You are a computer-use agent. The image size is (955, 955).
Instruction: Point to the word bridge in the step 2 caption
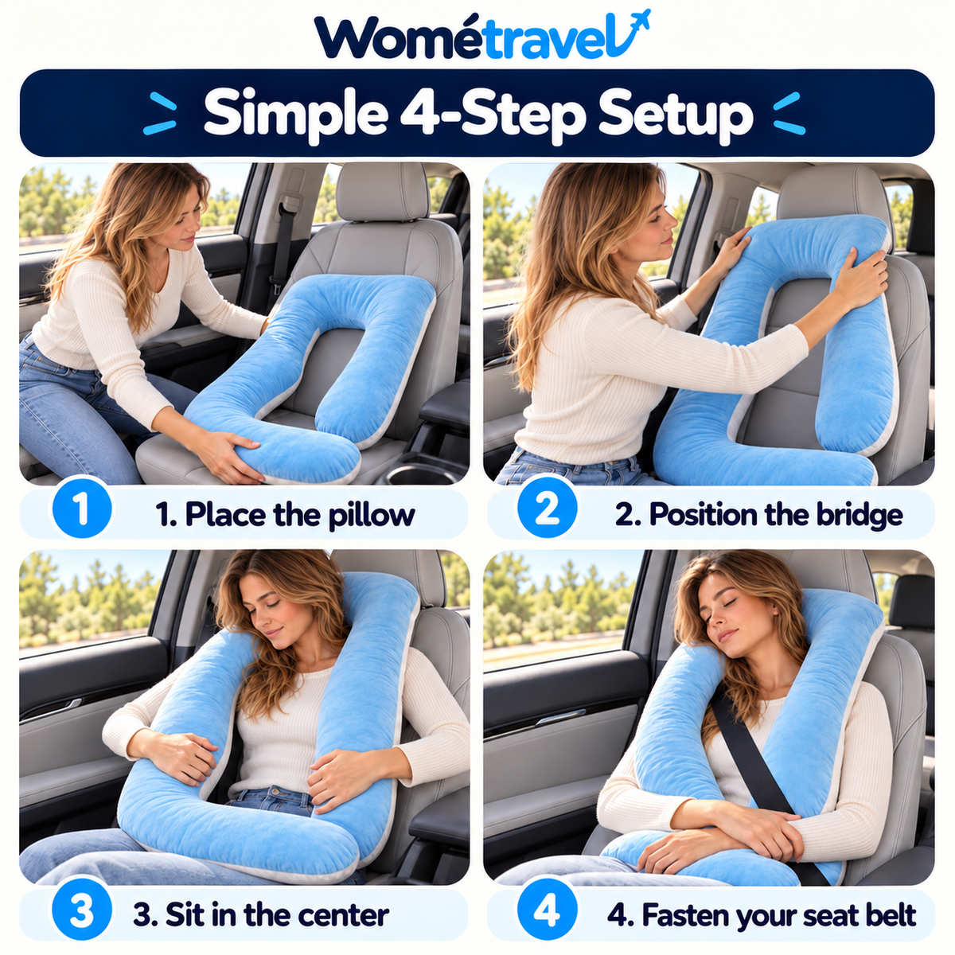point(859,514)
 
